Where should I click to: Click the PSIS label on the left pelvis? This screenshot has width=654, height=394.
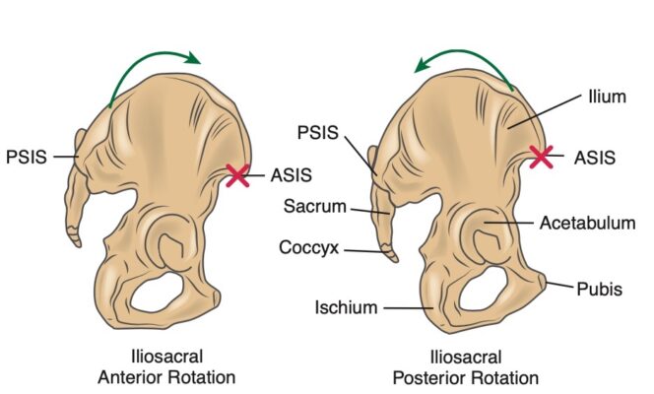(26, 155)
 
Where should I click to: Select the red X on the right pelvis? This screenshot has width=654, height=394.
(541, 156)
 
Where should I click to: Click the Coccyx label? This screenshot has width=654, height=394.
(312, 249)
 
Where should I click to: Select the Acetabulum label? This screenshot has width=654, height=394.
(587, 224)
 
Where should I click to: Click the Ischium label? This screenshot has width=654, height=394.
(347, 308)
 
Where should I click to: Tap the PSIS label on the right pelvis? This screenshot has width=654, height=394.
(319, 132)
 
